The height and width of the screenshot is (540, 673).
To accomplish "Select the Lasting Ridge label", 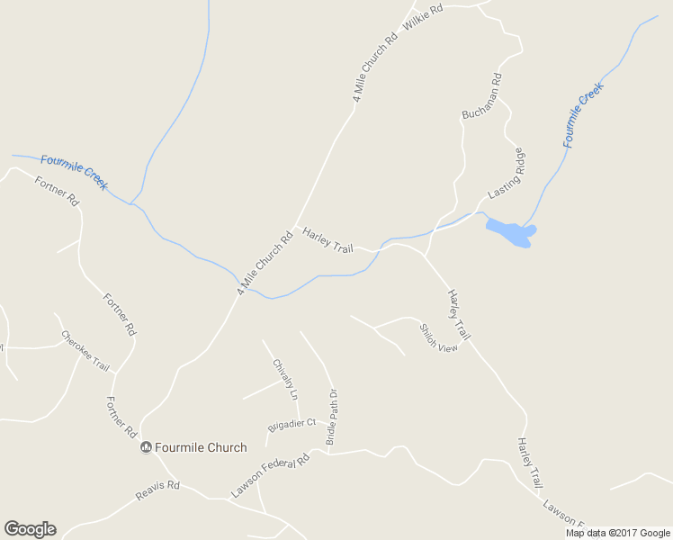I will (506, 174).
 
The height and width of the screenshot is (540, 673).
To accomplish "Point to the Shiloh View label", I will (438, 337).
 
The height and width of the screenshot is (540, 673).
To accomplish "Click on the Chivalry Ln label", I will (284, 381).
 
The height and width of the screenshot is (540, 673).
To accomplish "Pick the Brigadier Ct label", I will (292, 423).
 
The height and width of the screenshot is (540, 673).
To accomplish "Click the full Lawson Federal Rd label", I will (270, 475).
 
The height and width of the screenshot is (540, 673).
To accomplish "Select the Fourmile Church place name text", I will (201, 447).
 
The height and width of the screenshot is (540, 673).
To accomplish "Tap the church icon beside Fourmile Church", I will (146, 447).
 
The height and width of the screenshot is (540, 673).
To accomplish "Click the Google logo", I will (30, 529).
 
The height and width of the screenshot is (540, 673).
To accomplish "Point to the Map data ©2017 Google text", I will (618, 533).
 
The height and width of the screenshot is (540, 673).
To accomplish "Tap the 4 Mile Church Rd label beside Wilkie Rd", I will (374, 68).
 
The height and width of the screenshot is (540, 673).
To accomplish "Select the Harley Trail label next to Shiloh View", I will (459, 315).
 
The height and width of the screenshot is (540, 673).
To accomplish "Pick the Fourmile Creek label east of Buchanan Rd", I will (583, 114).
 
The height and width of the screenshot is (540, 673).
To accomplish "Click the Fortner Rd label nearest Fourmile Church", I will (122, 418).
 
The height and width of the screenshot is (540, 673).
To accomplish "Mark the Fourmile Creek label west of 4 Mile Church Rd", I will (74, 172).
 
